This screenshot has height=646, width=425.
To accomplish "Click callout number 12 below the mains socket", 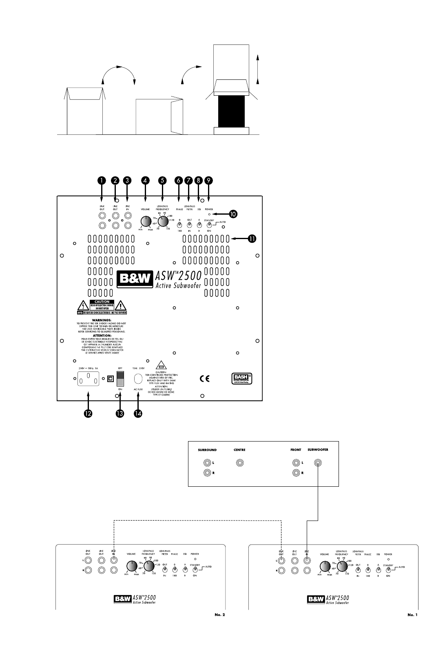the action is tap(88, 413).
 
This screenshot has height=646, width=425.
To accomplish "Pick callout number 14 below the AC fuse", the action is tap(138, 413).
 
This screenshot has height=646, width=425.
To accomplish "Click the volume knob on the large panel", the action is tap(145, 222).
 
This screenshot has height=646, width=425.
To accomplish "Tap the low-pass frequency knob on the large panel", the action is tap(163, 222).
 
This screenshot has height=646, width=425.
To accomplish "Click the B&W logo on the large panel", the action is tap(135, 279).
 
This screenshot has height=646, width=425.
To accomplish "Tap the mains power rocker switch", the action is tap(120, 378).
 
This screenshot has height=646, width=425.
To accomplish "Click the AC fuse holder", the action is tap(138, 379).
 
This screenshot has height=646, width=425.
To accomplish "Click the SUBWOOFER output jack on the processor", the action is tap(317, 463).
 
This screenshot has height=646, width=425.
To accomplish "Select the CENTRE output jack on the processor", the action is tap(239, 463).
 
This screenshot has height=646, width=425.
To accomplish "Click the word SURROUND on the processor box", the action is tap(207, 450).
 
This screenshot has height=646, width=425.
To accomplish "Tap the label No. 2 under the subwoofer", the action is tap(220, 615).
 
